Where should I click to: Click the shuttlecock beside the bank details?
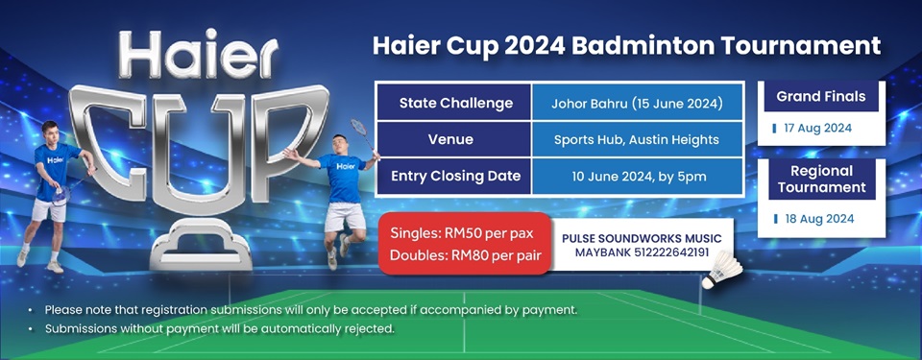pos(722,270)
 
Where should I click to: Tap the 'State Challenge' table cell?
pos(454,103)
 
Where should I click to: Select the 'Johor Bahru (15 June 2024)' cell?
pos(638,104)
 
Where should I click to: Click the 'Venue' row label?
pos(454,139)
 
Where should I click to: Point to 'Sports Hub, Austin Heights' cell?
pos(638,139)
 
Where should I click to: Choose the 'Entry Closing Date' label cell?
pos(454,176)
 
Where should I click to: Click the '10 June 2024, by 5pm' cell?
pos(638,176)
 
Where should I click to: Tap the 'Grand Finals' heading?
pos(821,96)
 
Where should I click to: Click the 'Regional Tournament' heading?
pos(821,180)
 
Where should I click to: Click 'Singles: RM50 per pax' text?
pos(462,233)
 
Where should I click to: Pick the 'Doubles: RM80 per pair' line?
pos(466,256)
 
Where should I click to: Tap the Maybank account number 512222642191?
pos(675,252)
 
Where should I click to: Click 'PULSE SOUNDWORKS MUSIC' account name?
pos(642,238)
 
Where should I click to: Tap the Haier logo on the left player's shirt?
pos(56,159)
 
